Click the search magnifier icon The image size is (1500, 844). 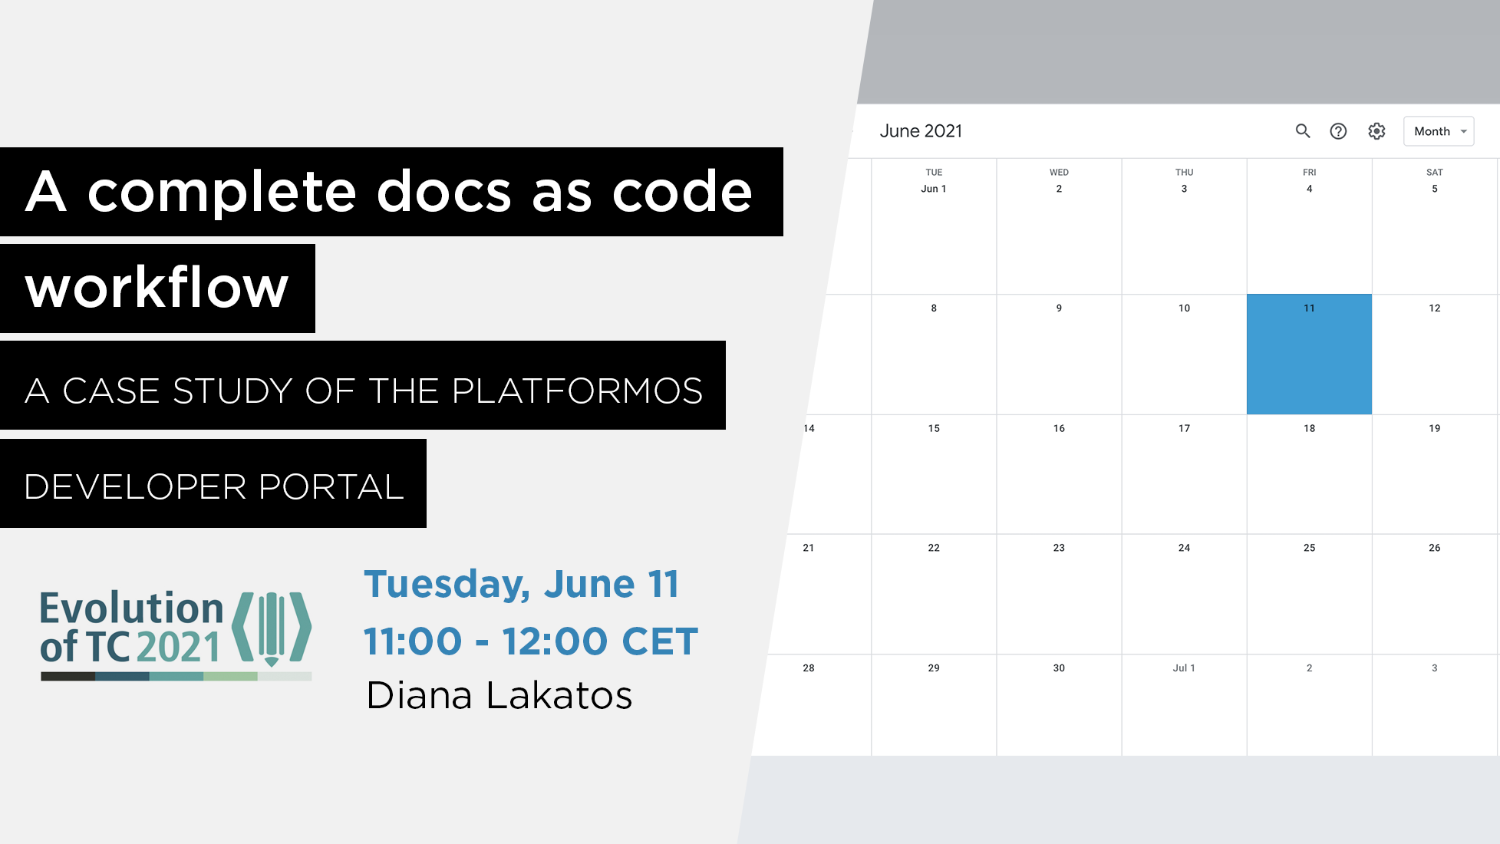pyautogui.click(x=1303, y=131)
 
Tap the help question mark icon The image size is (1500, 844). pyautogui.click(x=1338, y=131)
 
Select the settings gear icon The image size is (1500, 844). pyautogui.click(x=1377, y=131)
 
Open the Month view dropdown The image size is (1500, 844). pyautogui.click(x=1439, y=131)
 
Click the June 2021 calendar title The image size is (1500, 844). pyautogui.click(x=921, y=131)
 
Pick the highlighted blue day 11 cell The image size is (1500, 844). pyautogui.click(x=1309, y=354)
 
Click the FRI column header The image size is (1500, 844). pyautogui.click(x=1310, y=172)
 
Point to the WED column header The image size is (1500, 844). pyautogui.click(x=1059, y=172)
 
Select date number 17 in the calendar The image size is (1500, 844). pyautogui.click(x=1185, y=428)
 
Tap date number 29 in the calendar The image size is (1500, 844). pyautogui.click(x=934, y=668)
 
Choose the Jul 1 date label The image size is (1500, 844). pyautogui.click(x=1184, y=668)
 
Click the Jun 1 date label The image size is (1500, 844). pyautogui.click(x=934, y=189)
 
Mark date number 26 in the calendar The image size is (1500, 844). pyautogui.click(x=1435, y=548)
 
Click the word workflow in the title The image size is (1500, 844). pyautogui.click(x=157, y=288)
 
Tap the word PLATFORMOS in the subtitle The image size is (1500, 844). pyautogui.click(x=577, y=391)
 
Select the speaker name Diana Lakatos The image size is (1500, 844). pyautogui.click(x=499, y=695)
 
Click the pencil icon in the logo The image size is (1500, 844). pyautogui.click(x=272, y=629)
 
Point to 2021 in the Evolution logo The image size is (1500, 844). pyautogui.click(x=179, y=647)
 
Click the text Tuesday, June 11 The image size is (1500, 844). pyautogui.click(x=522, y=584)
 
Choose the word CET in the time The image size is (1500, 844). pyautogui.click(x=660, y=641)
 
